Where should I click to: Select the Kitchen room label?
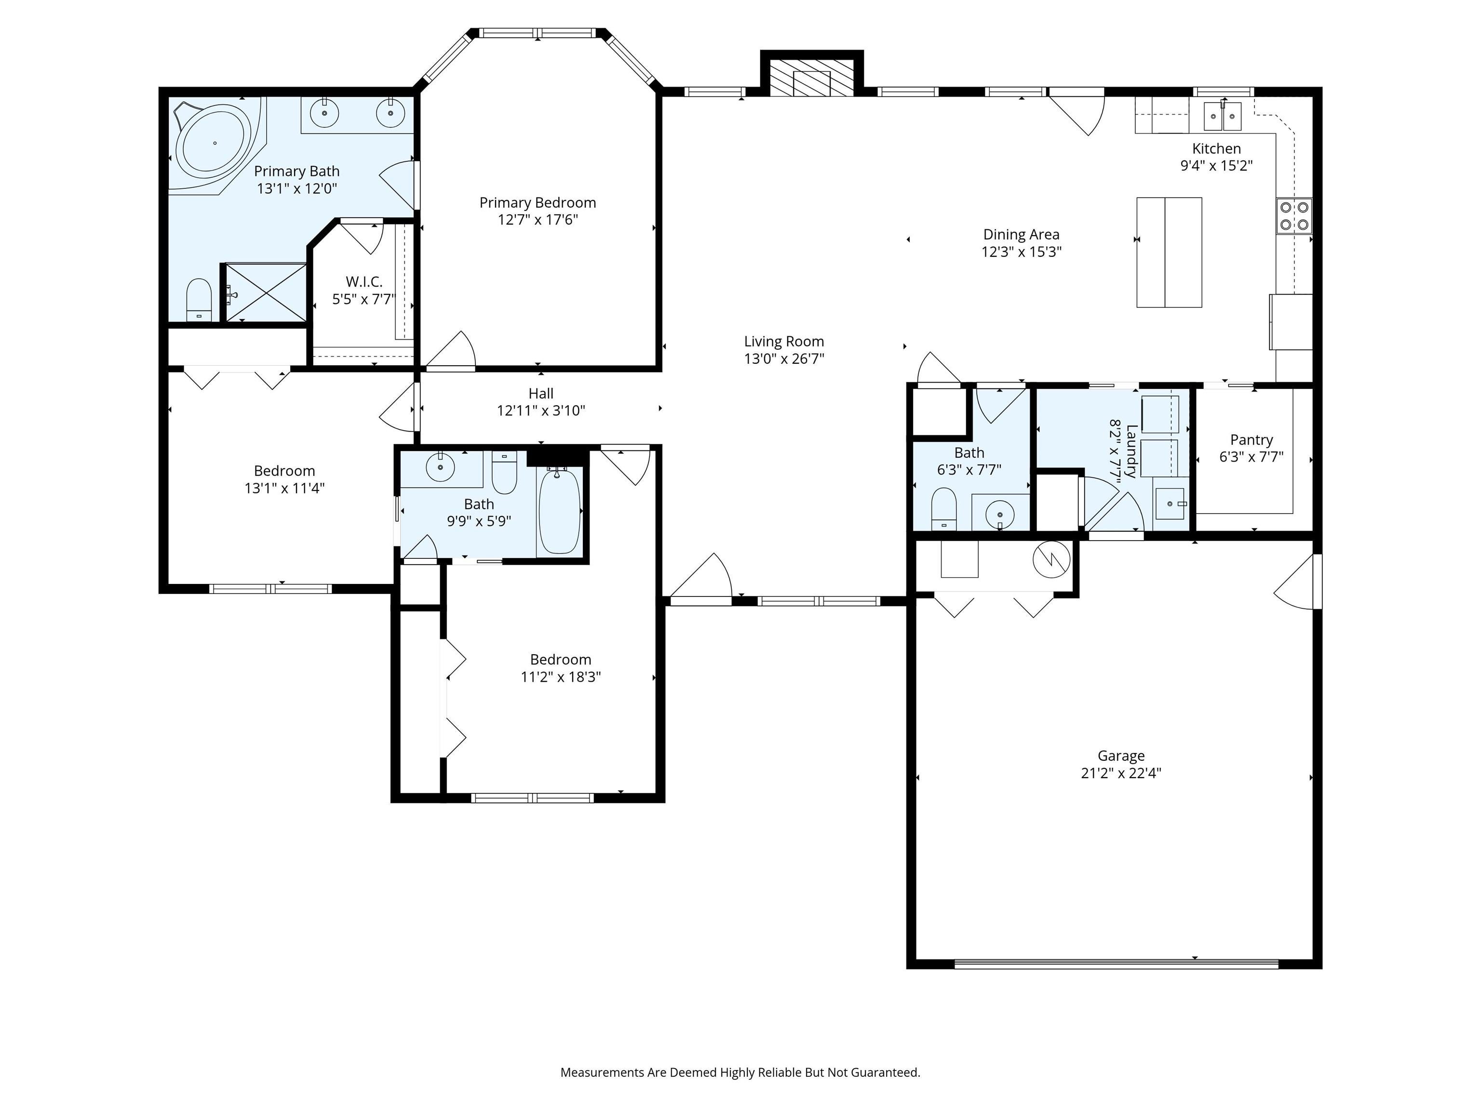[x=1216, y=148]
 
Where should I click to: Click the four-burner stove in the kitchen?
[x=1293, y=216]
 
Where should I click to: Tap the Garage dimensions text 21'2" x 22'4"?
[x=1121, y=773]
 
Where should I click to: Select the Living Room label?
[x=783, y=341]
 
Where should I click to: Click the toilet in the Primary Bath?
[x=198, y=301]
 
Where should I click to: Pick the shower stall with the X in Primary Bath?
[x=266, y=293]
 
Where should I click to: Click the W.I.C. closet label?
[x=364, y=282]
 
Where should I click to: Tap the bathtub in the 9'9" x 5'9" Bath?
[x=559, y=512]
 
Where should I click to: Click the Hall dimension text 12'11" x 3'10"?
[x=540, y=411]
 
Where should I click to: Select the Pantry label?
[x=1251, y=439]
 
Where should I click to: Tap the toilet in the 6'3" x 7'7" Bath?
[x=944, y=508]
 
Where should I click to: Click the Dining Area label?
[x=1021, y=234]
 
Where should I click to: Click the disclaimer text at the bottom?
[x=740, y=1072]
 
